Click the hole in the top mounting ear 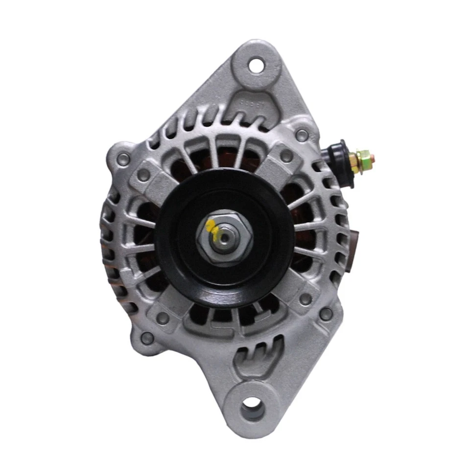256,65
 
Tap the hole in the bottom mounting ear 253,404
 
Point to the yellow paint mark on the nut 212,226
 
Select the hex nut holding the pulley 225,237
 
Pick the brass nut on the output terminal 363,161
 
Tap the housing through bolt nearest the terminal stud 302,135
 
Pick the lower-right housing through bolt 326,314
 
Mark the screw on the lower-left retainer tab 162,318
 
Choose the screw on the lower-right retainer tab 305,299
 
